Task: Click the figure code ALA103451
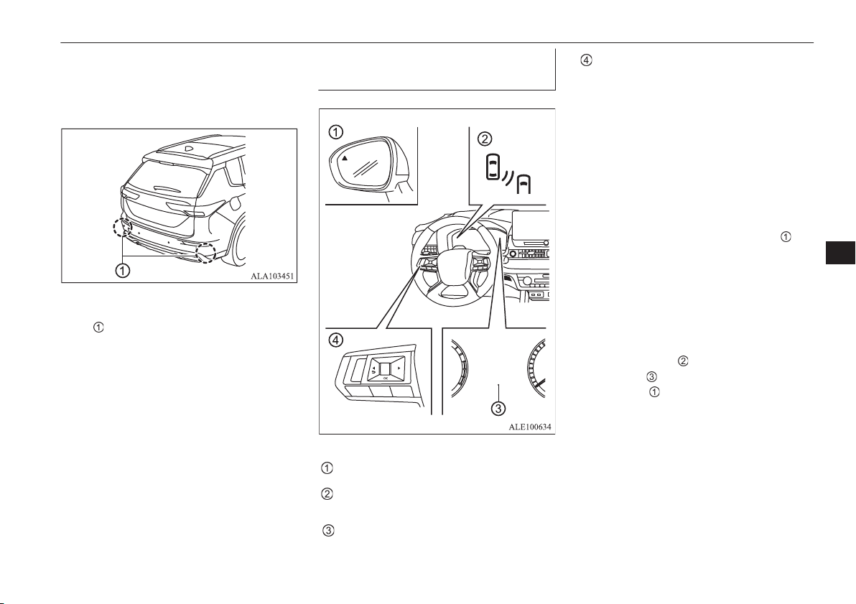pyautogui.click(x=272, y=277)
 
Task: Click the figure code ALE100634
pyautogui.click(x=530, y=427)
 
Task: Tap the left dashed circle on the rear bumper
pyautogui.click(x=121, y=227)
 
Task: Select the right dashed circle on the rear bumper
pyautogui.click(x=206, y=252)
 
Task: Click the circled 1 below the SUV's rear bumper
pyautogui.click(x=123, y=270)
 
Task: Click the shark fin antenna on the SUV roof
pyautogui.click(x=188, y=147)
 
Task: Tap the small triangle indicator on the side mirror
pyautogui.click(x=345, y=157)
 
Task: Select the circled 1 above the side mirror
pyautogui.click(x=336, y=131)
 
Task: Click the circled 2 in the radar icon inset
pyautogui.click(x=484, y=139)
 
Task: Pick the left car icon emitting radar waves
pyautogui.click(x=493, y=167)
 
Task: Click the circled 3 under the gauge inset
pyautogui.click(x=498, y=406)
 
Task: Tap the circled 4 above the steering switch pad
pyautogui.click(x=336, y=340)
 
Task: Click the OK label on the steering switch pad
pyautogui.click(x=386, y=378)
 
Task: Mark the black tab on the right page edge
pyautogui.click(x=840, y=252)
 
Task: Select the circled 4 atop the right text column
pyautogui.click(x=585, y=60)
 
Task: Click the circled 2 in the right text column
pyautogui.click(x=682, y=361)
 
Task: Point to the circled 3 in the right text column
pyautogui.click(x=651, y=376)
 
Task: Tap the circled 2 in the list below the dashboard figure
pyautogui.click(x=327, y=494)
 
